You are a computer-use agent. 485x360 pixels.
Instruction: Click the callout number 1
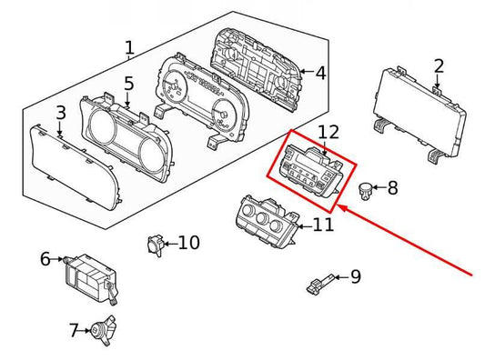coord(129,47)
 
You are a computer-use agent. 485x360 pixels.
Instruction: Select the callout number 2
coord(439,65)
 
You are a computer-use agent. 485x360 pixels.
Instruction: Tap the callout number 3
coord(60,114)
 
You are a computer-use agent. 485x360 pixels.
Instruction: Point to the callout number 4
coord(320,72)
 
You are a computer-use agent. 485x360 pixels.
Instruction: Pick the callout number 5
coord(129,84)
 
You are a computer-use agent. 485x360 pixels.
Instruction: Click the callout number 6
coord(45,259)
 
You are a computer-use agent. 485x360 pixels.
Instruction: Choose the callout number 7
coord(75,329)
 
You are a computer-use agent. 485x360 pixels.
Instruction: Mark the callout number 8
coord(392,189)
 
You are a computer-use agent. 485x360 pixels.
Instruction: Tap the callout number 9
coord(356,276)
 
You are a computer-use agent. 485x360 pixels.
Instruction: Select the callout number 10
coord(188,243)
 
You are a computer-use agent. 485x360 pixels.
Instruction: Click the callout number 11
coord(324,224)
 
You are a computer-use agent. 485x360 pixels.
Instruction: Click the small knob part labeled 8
coord(366,190)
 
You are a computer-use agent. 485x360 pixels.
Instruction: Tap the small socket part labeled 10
coord(156,244)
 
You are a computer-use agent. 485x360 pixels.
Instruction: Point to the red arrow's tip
coord(340,206)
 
